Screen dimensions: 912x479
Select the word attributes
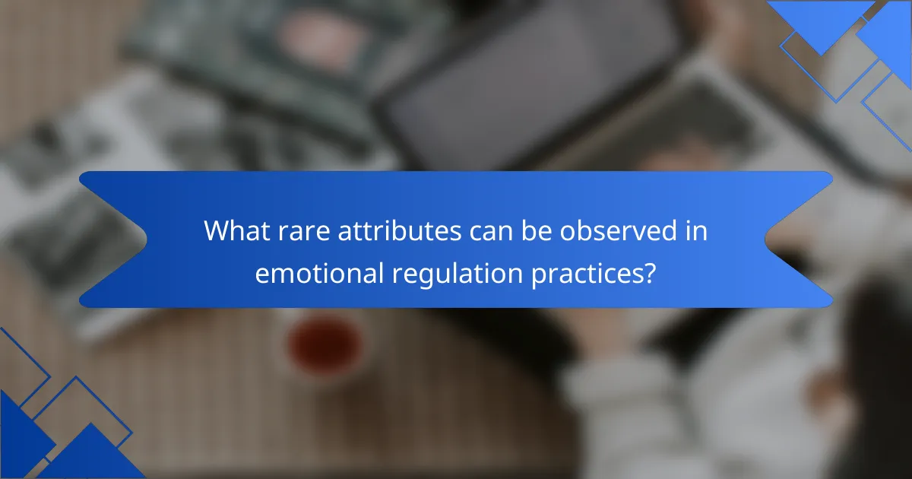(x=400, y=230)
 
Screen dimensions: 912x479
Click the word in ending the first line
(x=696, y=230)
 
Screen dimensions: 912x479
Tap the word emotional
(x=319, y=273)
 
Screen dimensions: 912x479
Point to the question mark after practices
(x=650, y=273)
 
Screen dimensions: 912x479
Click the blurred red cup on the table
(x=325, y=346)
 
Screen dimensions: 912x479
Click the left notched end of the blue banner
(x=113, y=239)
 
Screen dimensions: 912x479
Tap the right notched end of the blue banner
(x=799, y=239)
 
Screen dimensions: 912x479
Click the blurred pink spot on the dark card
(x=321, y=39)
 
